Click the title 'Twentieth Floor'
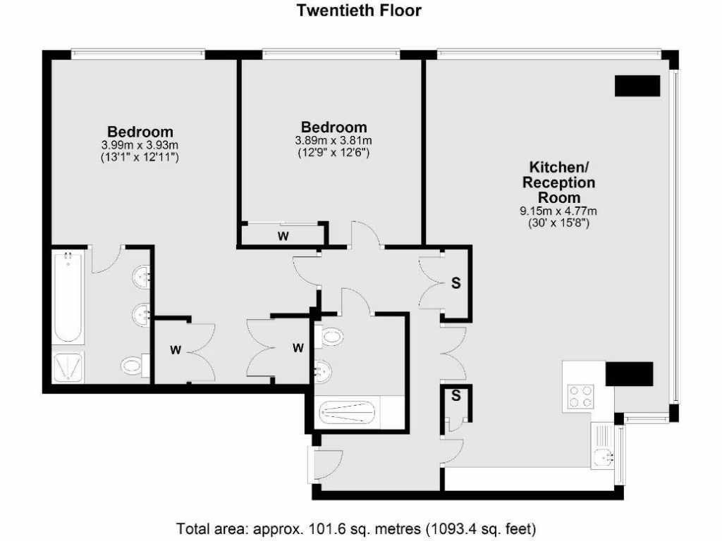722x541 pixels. pos(360,10)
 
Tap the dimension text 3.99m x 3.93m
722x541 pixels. pos(140,145)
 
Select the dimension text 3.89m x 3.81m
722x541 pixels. pos(334,140)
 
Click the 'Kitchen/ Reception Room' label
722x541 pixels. pos(558,182)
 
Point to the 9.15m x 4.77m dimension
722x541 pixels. pos(558,211)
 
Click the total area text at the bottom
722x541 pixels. pos(356,528)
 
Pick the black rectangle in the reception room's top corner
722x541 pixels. pos(637,85)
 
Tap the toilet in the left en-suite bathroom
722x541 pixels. pos(132,366)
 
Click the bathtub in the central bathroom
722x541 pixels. pos(347,412)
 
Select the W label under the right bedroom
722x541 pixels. pos(283,237)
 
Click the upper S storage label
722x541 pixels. pos(455,283)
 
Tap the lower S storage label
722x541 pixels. pos(455,396)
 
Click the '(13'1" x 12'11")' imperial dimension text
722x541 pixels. pos(140,158)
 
